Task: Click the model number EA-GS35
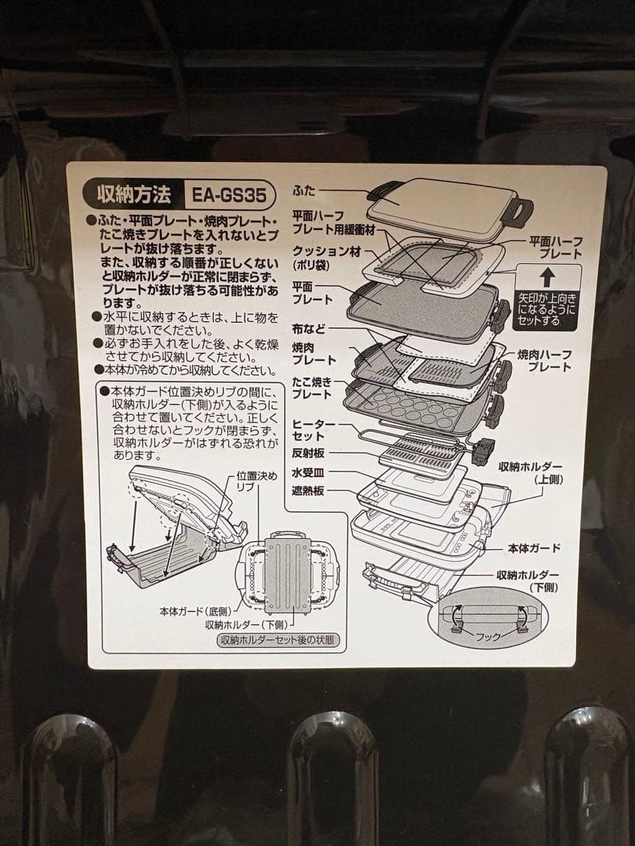click(230, 195)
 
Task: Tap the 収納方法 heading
click(134, 194)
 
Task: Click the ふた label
click(304, 190)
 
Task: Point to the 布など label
click(309, 328)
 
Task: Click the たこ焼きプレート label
click(312, 389)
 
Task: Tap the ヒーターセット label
click(314, 430)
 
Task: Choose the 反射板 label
click(308, 454)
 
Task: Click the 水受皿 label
click(308, 472)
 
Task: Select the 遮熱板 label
click(308, 491)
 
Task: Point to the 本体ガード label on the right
click(534, 548)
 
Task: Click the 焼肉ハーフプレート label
click(544, 360)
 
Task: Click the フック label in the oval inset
click(488, 637)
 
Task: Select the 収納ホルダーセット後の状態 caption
click(278, 641)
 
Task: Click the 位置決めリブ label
click(257, 481)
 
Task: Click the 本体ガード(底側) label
click(195, 611)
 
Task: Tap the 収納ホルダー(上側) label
click(530, 472)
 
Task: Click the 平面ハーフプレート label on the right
click(556, 248)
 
